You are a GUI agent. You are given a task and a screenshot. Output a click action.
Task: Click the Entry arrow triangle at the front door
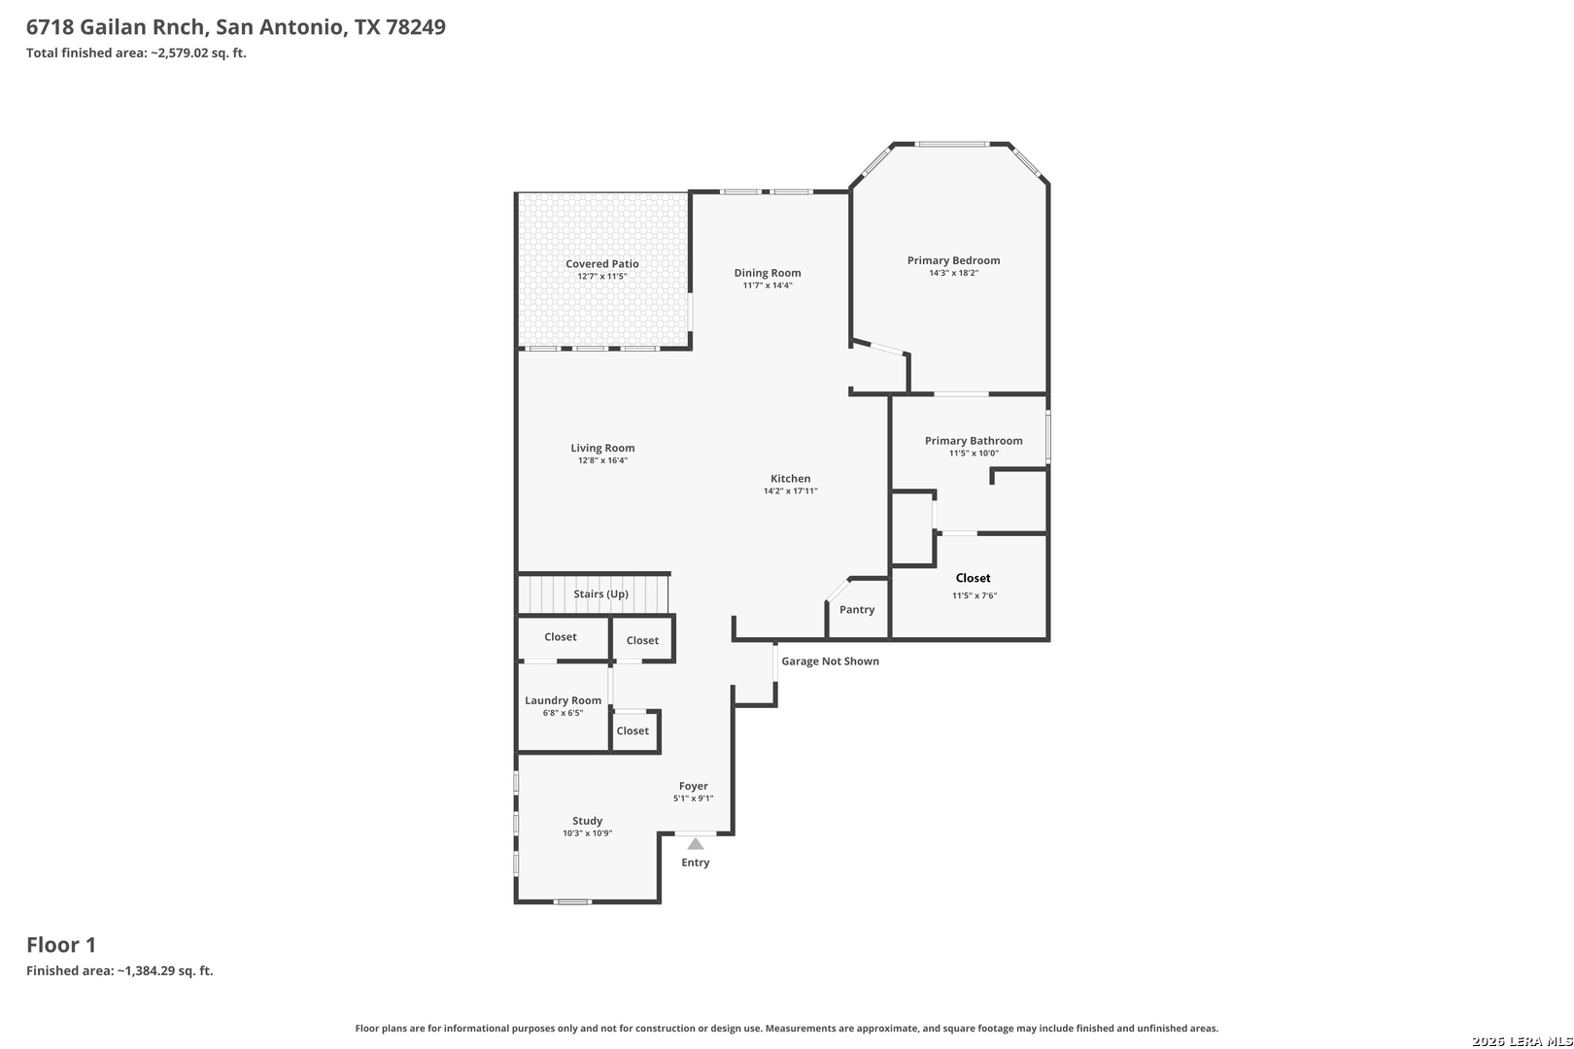coord(695,844)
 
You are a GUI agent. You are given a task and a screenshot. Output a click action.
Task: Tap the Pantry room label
coord(857,610)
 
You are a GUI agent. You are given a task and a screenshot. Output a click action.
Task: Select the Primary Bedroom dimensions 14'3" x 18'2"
coord(953,273)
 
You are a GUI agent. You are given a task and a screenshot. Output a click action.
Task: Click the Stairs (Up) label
coord(600,594)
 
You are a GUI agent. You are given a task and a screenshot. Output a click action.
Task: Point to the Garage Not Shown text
coord(830,661)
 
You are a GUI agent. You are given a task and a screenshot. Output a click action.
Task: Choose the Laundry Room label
coord(563,700)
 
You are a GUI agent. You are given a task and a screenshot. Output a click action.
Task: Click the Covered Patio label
coord(602,264)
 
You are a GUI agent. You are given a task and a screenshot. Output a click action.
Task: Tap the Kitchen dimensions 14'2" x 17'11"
coord(791,491)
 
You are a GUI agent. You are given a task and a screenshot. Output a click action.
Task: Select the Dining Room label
coord(768,273)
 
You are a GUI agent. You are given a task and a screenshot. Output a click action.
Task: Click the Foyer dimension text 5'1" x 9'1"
coord(694,798)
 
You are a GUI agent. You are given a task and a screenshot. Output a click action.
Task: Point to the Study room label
coord(588,822)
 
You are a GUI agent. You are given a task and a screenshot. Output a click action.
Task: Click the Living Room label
coord(602,449)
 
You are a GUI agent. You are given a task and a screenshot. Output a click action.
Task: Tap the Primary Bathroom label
coord(974,441)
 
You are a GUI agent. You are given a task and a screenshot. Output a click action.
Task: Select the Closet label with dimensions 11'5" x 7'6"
coord(974,578)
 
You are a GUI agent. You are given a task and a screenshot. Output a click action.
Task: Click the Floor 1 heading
coord(61,945)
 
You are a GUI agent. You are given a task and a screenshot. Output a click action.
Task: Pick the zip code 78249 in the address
coord(415,27)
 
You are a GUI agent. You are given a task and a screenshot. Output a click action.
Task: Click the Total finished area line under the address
coord(136,52)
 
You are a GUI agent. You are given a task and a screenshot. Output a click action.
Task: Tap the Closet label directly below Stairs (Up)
coord(560,637)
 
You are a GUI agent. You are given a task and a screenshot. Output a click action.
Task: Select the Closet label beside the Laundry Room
coord(633,731)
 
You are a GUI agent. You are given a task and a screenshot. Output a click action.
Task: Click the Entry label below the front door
coord(696,863)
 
